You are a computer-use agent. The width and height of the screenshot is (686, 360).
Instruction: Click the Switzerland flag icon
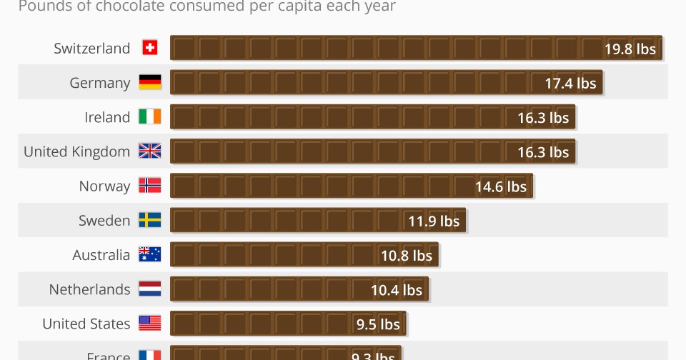[149, 48]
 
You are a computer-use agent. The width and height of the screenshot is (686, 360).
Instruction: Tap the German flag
[149, 83]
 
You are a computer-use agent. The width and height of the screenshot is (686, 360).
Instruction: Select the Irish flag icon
[149, 117]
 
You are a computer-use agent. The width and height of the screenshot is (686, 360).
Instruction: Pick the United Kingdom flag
[149, 151]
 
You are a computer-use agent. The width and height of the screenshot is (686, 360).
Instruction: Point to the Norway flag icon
[149, 186]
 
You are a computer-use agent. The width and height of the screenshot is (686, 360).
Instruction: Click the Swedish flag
[149, 221]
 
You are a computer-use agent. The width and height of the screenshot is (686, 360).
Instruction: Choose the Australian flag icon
[149, 255]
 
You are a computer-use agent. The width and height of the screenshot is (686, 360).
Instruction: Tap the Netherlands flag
[149, 289]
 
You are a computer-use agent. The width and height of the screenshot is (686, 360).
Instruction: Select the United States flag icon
[149, 324]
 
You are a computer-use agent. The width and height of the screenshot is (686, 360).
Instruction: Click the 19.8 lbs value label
[630, 49]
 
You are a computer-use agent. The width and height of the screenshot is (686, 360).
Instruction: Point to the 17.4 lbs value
[570, 84]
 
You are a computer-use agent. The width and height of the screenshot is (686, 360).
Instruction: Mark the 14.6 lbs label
[500, 187]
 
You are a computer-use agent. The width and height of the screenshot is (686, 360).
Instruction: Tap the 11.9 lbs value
[434, 221]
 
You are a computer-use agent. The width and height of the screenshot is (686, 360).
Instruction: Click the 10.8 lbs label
[406, 256]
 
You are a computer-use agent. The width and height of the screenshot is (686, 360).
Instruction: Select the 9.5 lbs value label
[378, 324]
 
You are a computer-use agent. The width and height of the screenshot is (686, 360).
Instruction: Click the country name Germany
[99, 83]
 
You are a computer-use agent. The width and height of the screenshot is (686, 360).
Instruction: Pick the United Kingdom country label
[76, 151]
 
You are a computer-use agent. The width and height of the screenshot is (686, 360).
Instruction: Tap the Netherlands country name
[89, 289]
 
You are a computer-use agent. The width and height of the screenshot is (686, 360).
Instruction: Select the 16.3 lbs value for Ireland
[543, 118]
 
